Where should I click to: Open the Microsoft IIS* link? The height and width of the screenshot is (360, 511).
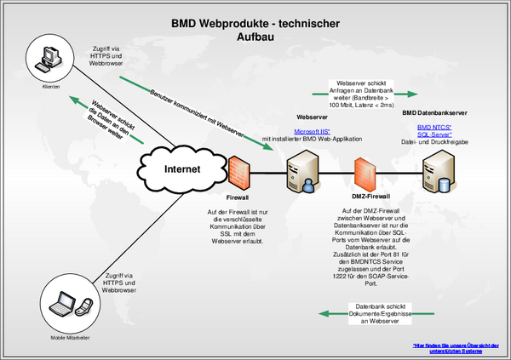pyautogui.click(x=313, y=132)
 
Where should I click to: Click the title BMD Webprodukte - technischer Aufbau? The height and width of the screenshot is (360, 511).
pyautogui.click(x=255, y=31)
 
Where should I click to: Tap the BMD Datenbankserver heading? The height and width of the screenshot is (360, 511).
pyautogui.click(x=434, y=111)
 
